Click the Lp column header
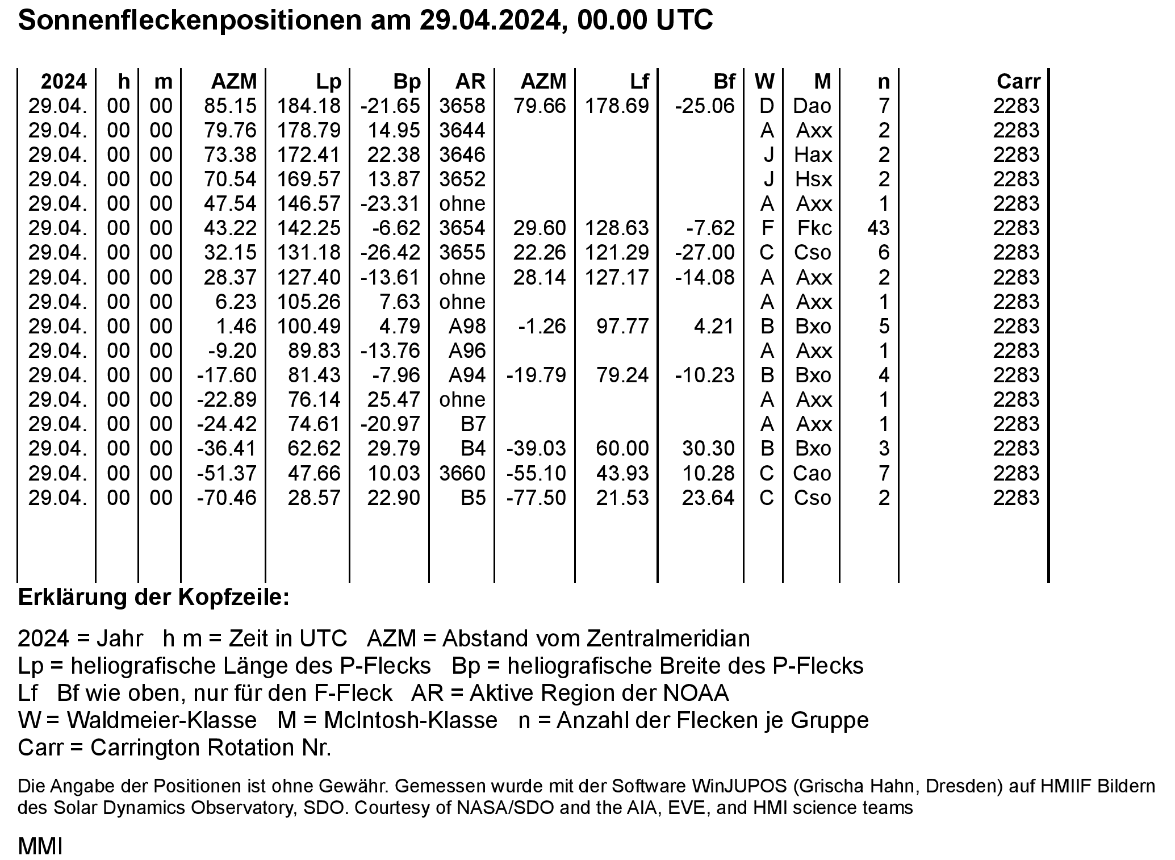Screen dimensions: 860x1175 [329, 82]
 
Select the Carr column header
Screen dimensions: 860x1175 [1018, 82]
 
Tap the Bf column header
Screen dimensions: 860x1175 [724, 82]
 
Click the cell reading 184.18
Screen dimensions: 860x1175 [309, 106]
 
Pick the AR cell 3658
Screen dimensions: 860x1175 [462, 106]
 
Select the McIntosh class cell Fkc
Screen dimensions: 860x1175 [814, 228]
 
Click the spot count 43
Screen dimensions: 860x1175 [878, 228]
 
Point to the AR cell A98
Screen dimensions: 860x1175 [467, 327]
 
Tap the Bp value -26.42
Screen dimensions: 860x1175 [391, 253]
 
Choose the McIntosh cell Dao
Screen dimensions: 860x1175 [813, 106]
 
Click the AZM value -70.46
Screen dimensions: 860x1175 [227, 498]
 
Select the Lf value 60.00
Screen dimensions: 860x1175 [622, 449]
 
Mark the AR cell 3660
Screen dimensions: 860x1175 [462, 474]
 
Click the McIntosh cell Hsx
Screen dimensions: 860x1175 [813, 179]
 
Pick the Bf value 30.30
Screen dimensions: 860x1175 [708, 449]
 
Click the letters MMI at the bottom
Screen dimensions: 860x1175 [40, 846]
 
